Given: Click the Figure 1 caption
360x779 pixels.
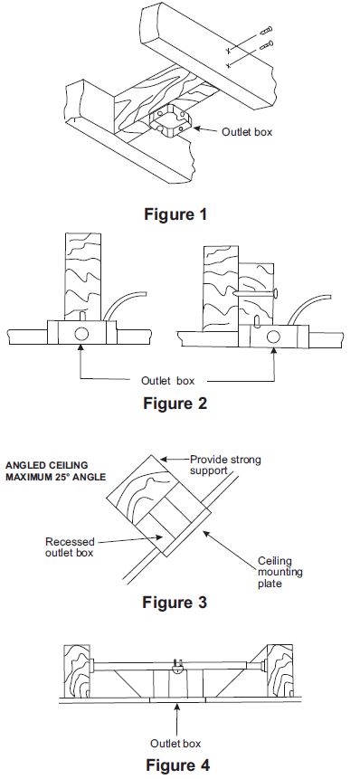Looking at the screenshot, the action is pyautogui.click(x=175, y=214).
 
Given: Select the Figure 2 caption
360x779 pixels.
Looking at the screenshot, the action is pyautogui.click(x=175, y=403).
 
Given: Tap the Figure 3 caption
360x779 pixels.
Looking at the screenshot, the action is pyautogui.click(x=175, y=603).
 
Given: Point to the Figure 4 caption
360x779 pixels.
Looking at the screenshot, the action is pyautogui.click(x=177, y=765).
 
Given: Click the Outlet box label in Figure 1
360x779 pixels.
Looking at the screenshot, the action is pyautogui.click(x=247, y=132).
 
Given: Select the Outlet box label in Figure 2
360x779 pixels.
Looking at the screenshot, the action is pyautogui.click(x=168, y=381).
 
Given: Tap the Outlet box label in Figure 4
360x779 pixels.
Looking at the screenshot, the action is pyautogui.click(x=175, y=743).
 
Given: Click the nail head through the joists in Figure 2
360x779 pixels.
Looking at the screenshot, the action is pyautogui.click(x=277, y=295).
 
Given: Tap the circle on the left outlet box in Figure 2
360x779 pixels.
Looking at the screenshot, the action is pyautogui.click(x=81, y=334).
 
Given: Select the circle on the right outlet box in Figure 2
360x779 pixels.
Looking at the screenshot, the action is pyautogui.click(x=272, y=337).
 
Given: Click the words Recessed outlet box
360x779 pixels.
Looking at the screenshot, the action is pyautogui.click(x=70, y=546).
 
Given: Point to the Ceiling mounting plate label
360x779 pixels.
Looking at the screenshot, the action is pyautogui.click(x=279, y=573).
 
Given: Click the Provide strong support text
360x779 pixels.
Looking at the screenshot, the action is pyautogui.click(x=225, y=464).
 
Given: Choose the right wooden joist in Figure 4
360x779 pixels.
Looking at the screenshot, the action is pyautogui.click(x=279, y=671).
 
